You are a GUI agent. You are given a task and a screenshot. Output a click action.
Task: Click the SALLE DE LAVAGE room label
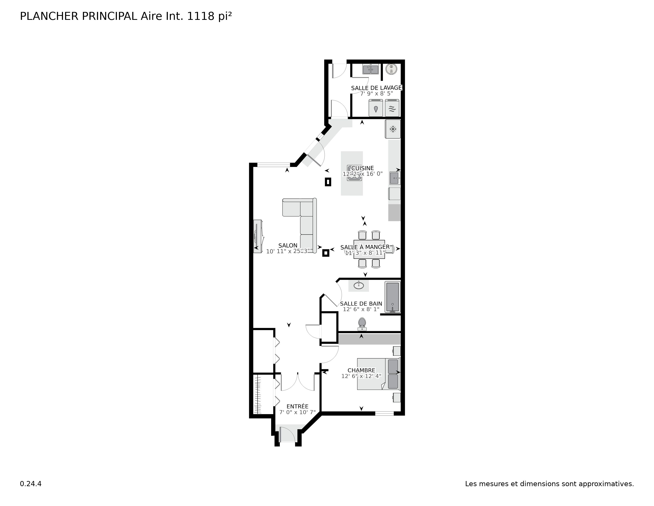(376, 88)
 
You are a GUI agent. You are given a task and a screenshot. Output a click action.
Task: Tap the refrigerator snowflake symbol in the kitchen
(393, 129)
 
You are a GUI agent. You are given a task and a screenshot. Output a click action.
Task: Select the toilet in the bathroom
(362, 323)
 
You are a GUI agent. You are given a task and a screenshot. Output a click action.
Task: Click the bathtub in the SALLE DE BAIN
(392, 297)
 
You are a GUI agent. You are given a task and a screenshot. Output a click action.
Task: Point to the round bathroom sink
(359, 285)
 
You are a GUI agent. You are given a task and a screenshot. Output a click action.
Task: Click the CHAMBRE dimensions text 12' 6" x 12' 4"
(361, 376)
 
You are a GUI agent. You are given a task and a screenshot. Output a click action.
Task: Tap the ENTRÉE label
(297, 406)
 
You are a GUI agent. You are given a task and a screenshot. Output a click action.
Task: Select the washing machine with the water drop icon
(376, 108)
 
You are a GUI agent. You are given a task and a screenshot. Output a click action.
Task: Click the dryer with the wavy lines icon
(392, 108)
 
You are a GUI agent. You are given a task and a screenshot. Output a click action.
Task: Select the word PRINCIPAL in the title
(109, 16)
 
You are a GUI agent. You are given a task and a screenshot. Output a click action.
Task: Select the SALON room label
(288, 245)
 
